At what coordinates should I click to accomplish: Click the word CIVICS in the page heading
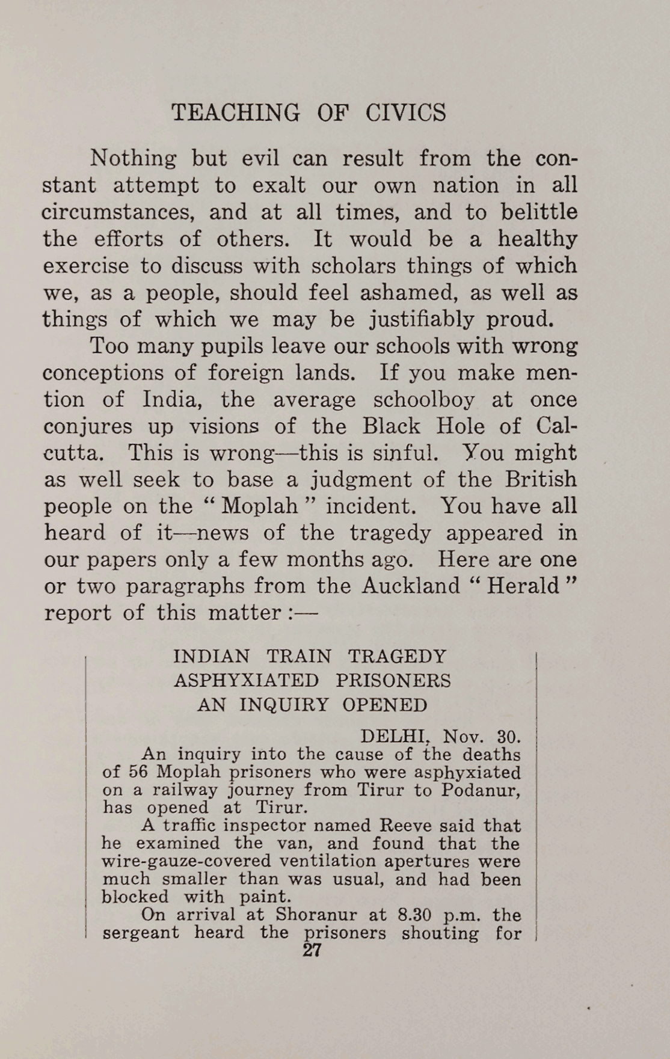[x=405, y=112]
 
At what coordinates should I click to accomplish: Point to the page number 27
[x=312, y=950]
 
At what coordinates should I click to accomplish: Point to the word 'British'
[x=541, y=480]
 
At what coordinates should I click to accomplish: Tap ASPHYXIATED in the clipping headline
[x=247, y=681]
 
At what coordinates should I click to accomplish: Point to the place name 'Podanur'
[x=481, y=790]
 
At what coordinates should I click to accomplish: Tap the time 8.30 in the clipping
[x=416, y=915]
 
